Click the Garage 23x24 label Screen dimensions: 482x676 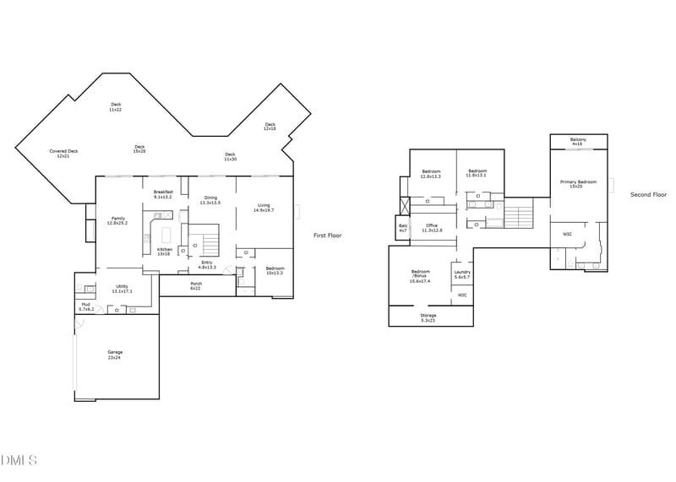pos(115,355)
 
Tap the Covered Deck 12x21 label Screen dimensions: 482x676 pos(63,154)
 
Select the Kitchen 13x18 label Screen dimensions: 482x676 pos(164,252)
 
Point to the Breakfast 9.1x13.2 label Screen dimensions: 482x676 pos(163,194)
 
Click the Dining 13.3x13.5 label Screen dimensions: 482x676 pos(210,200)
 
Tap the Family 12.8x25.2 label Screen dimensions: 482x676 pos(117,221)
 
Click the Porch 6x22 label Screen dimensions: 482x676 pos(196,286)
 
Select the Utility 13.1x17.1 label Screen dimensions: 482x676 pos(122,289)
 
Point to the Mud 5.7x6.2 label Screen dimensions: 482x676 pos(86,306)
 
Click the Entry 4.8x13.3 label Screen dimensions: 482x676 pos(207,264)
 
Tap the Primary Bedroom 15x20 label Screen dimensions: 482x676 pos(578,184)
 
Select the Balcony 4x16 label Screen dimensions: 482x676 pos(578,141)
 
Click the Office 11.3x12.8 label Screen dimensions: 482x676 pos(431,228)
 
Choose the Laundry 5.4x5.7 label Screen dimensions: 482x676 pos(461,274)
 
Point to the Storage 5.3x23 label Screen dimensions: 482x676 pos(428,318)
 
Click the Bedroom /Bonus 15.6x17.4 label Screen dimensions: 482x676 pos(420,276)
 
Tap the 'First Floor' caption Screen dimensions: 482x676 pos(328,236)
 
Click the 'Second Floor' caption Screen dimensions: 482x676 pos(648,195)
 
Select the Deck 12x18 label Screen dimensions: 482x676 pos(270,127)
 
